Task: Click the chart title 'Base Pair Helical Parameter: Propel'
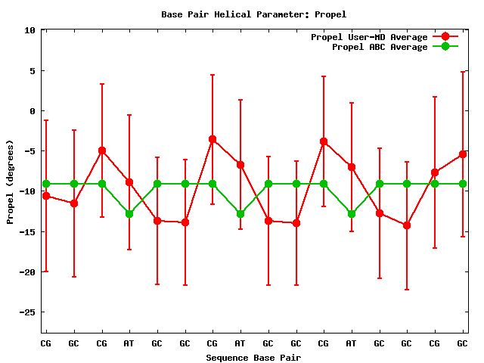click(x=254, y=14)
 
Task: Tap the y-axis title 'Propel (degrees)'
click(x=11, y=181)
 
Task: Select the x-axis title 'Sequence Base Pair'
click(x=253, y=358)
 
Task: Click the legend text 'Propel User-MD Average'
click(x=369, y=37)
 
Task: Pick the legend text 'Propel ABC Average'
click(x=380, y=47)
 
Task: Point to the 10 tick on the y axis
click(x=30, y=30)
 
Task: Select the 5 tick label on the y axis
click(x=33, y=71)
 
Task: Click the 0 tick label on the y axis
click(x=33, y=111)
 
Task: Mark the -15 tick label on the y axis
click(x=28, y=231)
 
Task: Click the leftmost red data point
click(x=46, y=196)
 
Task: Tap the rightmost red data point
click(x=462, y=154)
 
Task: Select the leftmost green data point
click(x=46, y=184)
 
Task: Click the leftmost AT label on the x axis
click(x=129, y=343)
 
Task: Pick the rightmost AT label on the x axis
click(x=351, y=343)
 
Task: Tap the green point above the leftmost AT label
click(x=129, y=214)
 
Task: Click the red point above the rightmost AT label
click(x=351, y=167)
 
